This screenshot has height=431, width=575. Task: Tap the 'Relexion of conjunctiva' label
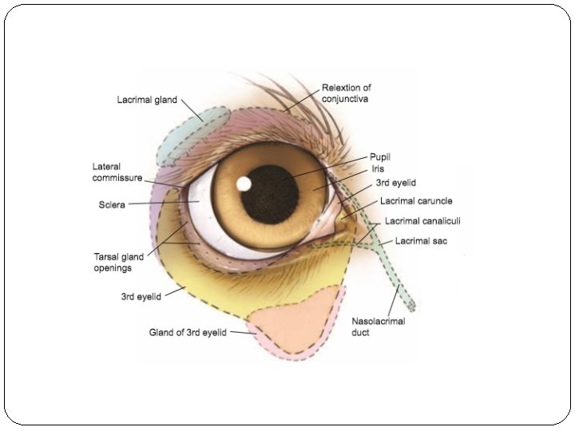point(346,93)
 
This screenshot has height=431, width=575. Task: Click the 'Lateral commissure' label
point(117,172)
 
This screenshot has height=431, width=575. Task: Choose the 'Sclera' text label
point(112,205)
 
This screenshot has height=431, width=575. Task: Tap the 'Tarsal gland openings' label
point(119,263)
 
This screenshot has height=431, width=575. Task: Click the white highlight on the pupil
point(244,184)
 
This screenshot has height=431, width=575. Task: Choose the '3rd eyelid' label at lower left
point(141,296)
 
